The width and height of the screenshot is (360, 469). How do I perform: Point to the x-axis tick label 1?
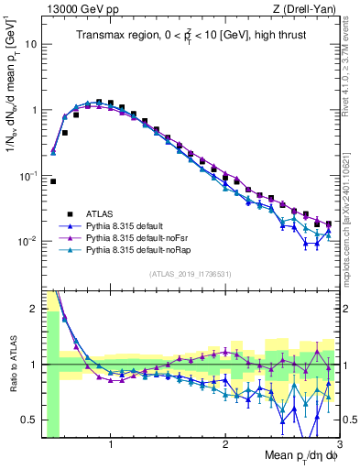pos(111,445)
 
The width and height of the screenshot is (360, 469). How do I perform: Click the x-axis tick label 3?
pos(338,445)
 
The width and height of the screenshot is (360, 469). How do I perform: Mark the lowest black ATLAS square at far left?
pos(53,181)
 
